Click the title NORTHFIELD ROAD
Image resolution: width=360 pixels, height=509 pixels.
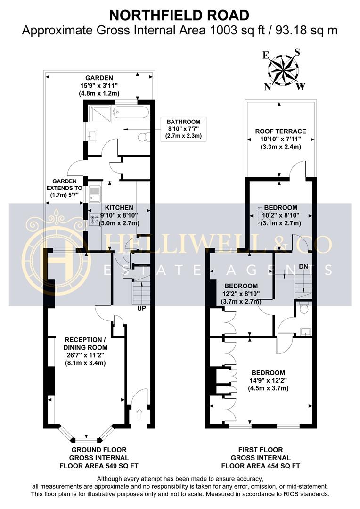point(179,15)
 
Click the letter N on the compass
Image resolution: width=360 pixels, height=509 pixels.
point(267,87)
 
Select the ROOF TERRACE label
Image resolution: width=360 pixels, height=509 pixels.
point(280,131)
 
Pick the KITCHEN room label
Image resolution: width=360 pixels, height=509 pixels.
point(119,207)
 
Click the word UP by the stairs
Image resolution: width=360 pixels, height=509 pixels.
point(141,309)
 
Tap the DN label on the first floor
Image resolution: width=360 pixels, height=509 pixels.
point(303,267)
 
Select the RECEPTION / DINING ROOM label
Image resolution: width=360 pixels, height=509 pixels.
point(83,343)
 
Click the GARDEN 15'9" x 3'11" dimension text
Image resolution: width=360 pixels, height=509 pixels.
point(98,86)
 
